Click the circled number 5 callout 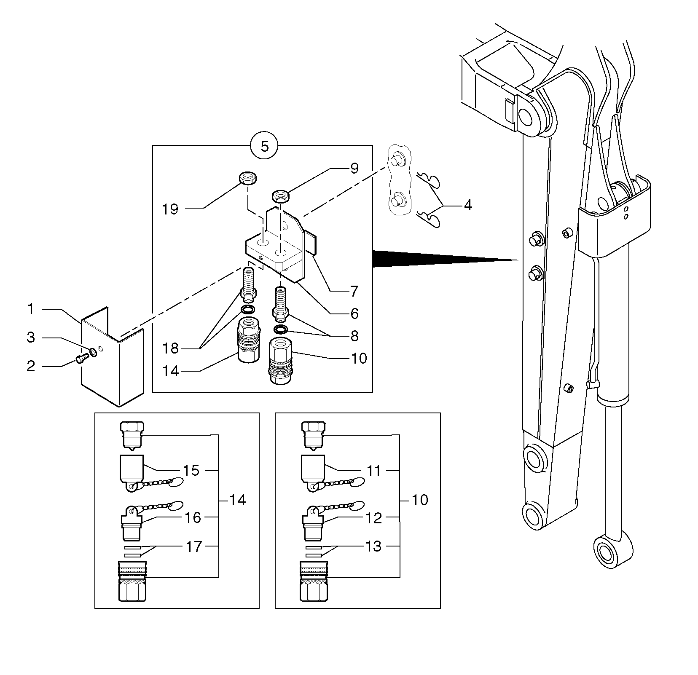(264, 146)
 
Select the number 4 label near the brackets (467, 206)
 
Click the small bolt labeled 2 (81, 359)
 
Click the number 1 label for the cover (30, 309)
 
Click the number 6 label (354, 313)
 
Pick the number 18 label (171, 348)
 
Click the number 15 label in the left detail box (191, 470)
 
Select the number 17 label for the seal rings (194, 546)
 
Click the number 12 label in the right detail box (374, 518)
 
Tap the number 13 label (374, 546)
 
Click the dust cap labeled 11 (313, 469)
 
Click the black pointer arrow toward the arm (443, 258)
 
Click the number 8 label (354, 336)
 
